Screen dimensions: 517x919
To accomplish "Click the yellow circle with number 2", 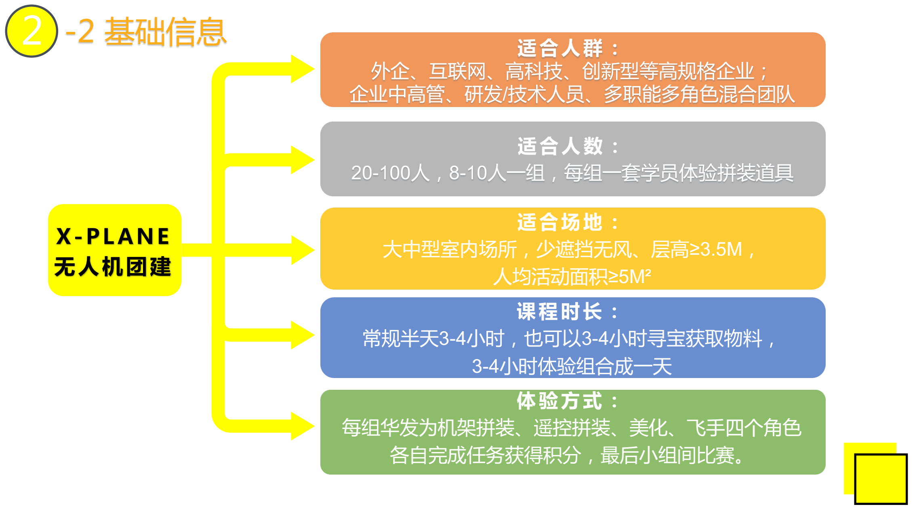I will pos(32,31).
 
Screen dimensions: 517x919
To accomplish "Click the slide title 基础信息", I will pos(166,32).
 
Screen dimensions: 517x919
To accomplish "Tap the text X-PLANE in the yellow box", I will pos(113,236).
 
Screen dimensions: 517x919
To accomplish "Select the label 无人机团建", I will pos(113,267).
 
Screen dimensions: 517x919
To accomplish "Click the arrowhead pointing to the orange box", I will pos(302,69).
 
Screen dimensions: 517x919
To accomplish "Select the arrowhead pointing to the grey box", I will pos(302,160).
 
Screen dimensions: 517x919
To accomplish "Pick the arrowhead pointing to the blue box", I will pos(302,335).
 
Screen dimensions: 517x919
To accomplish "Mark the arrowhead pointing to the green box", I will pos(302,426).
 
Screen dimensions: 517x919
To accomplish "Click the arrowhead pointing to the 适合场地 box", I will pos(302,250).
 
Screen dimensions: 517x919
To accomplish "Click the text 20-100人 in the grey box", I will pos(390,173).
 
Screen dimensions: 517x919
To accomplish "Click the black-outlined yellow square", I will pos(881,479).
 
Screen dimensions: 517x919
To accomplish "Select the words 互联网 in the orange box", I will pos(458,71).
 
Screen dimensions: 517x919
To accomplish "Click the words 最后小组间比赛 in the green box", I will pos(671,456).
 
